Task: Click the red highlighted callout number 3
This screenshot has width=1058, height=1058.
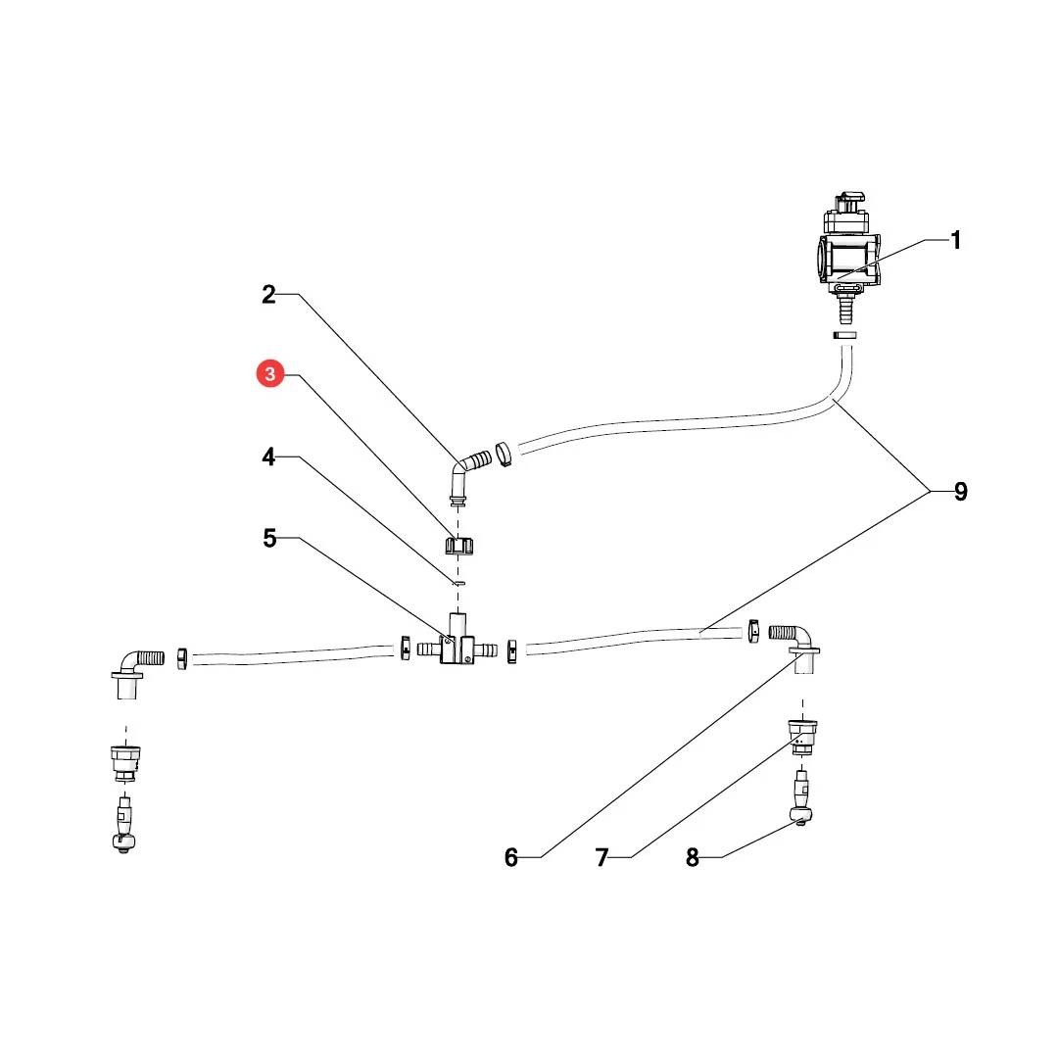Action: tap(270, 373)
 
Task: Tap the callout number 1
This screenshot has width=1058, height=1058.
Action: tap(955, 240)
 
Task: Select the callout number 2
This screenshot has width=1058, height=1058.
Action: tap(268, 294)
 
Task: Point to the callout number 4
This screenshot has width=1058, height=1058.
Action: tap(268, 457)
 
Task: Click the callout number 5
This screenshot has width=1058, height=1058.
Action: tap(269, 538)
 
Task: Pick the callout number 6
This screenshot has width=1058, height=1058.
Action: tap(510, 857)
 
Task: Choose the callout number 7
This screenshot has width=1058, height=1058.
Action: tap(601, 857)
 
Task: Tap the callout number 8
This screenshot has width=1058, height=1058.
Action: tap(693, 857)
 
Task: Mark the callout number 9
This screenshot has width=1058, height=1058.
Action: tap(961, 491)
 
